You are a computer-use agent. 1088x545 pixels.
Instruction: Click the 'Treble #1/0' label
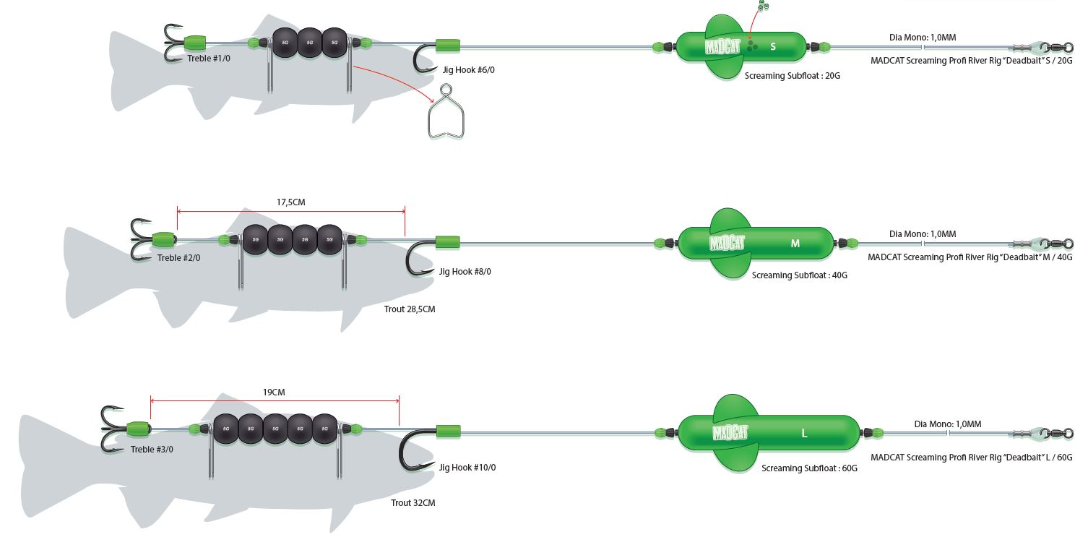tap(209, 58)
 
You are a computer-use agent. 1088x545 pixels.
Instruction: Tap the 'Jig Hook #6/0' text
tap(469, 70)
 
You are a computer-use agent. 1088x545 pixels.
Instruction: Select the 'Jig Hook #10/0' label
tap(467, 468)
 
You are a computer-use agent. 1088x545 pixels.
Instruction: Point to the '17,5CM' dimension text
tap(290, 202)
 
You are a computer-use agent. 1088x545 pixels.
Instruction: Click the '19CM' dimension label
tap(274, 392)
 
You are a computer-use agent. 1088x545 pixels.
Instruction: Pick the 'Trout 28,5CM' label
tap(410, 309)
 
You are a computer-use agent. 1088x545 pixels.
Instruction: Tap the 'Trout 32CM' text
tap(413, 503)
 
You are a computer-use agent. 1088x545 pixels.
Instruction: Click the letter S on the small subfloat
tap(773, 46)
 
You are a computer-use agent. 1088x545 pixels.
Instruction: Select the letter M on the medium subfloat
tap(795, 244)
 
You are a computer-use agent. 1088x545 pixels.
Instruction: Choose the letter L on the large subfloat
tap(804, 434)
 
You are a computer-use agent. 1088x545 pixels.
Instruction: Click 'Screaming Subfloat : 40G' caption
tap(799, 275)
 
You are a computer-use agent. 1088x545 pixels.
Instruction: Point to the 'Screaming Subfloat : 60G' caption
tap(809, 468)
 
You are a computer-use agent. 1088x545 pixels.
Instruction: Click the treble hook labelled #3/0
tap(113, 428)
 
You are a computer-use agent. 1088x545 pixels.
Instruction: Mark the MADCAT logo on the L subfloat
tap(730, 433)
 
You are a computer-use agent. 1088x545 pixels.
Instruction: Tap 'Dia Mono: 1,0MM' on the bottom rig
tap(947, 424)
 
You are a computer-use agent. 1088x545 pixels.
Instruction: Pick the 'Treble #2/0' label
tap(178, 258)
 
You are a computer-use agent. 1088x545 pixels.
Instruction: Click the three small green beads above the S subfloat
tap(763, 6)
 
